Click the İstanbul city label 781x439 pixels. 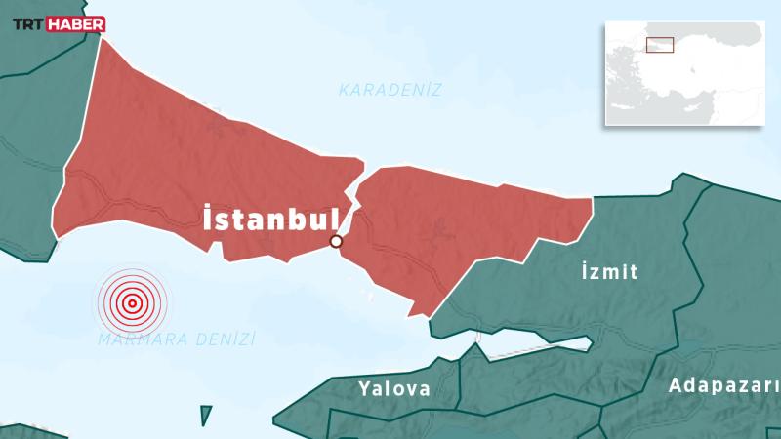click(269, 219)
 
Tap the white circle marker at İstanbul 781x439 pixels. click(336, 241)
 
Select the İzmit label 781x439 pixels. click(607, 271)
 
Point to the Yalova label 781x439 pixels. click(393, 388)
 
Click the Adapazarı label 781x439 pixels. click(723, 385)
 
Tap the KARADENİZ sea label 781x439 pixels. click(390, 90)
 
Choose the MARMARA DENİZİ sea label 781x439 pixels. click(177, 339)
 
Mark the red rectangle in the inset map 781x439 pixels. click(660, 45)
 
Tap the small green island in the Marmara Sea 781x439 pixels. click(206, 416)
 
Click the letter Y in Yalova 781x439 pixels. click(364, 388)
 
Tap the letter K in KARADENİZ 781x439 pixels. click(344, 90)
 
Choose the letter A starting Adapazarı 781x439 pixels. click(675, 385)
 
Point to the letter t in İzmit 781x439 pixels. click(634, 271)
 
